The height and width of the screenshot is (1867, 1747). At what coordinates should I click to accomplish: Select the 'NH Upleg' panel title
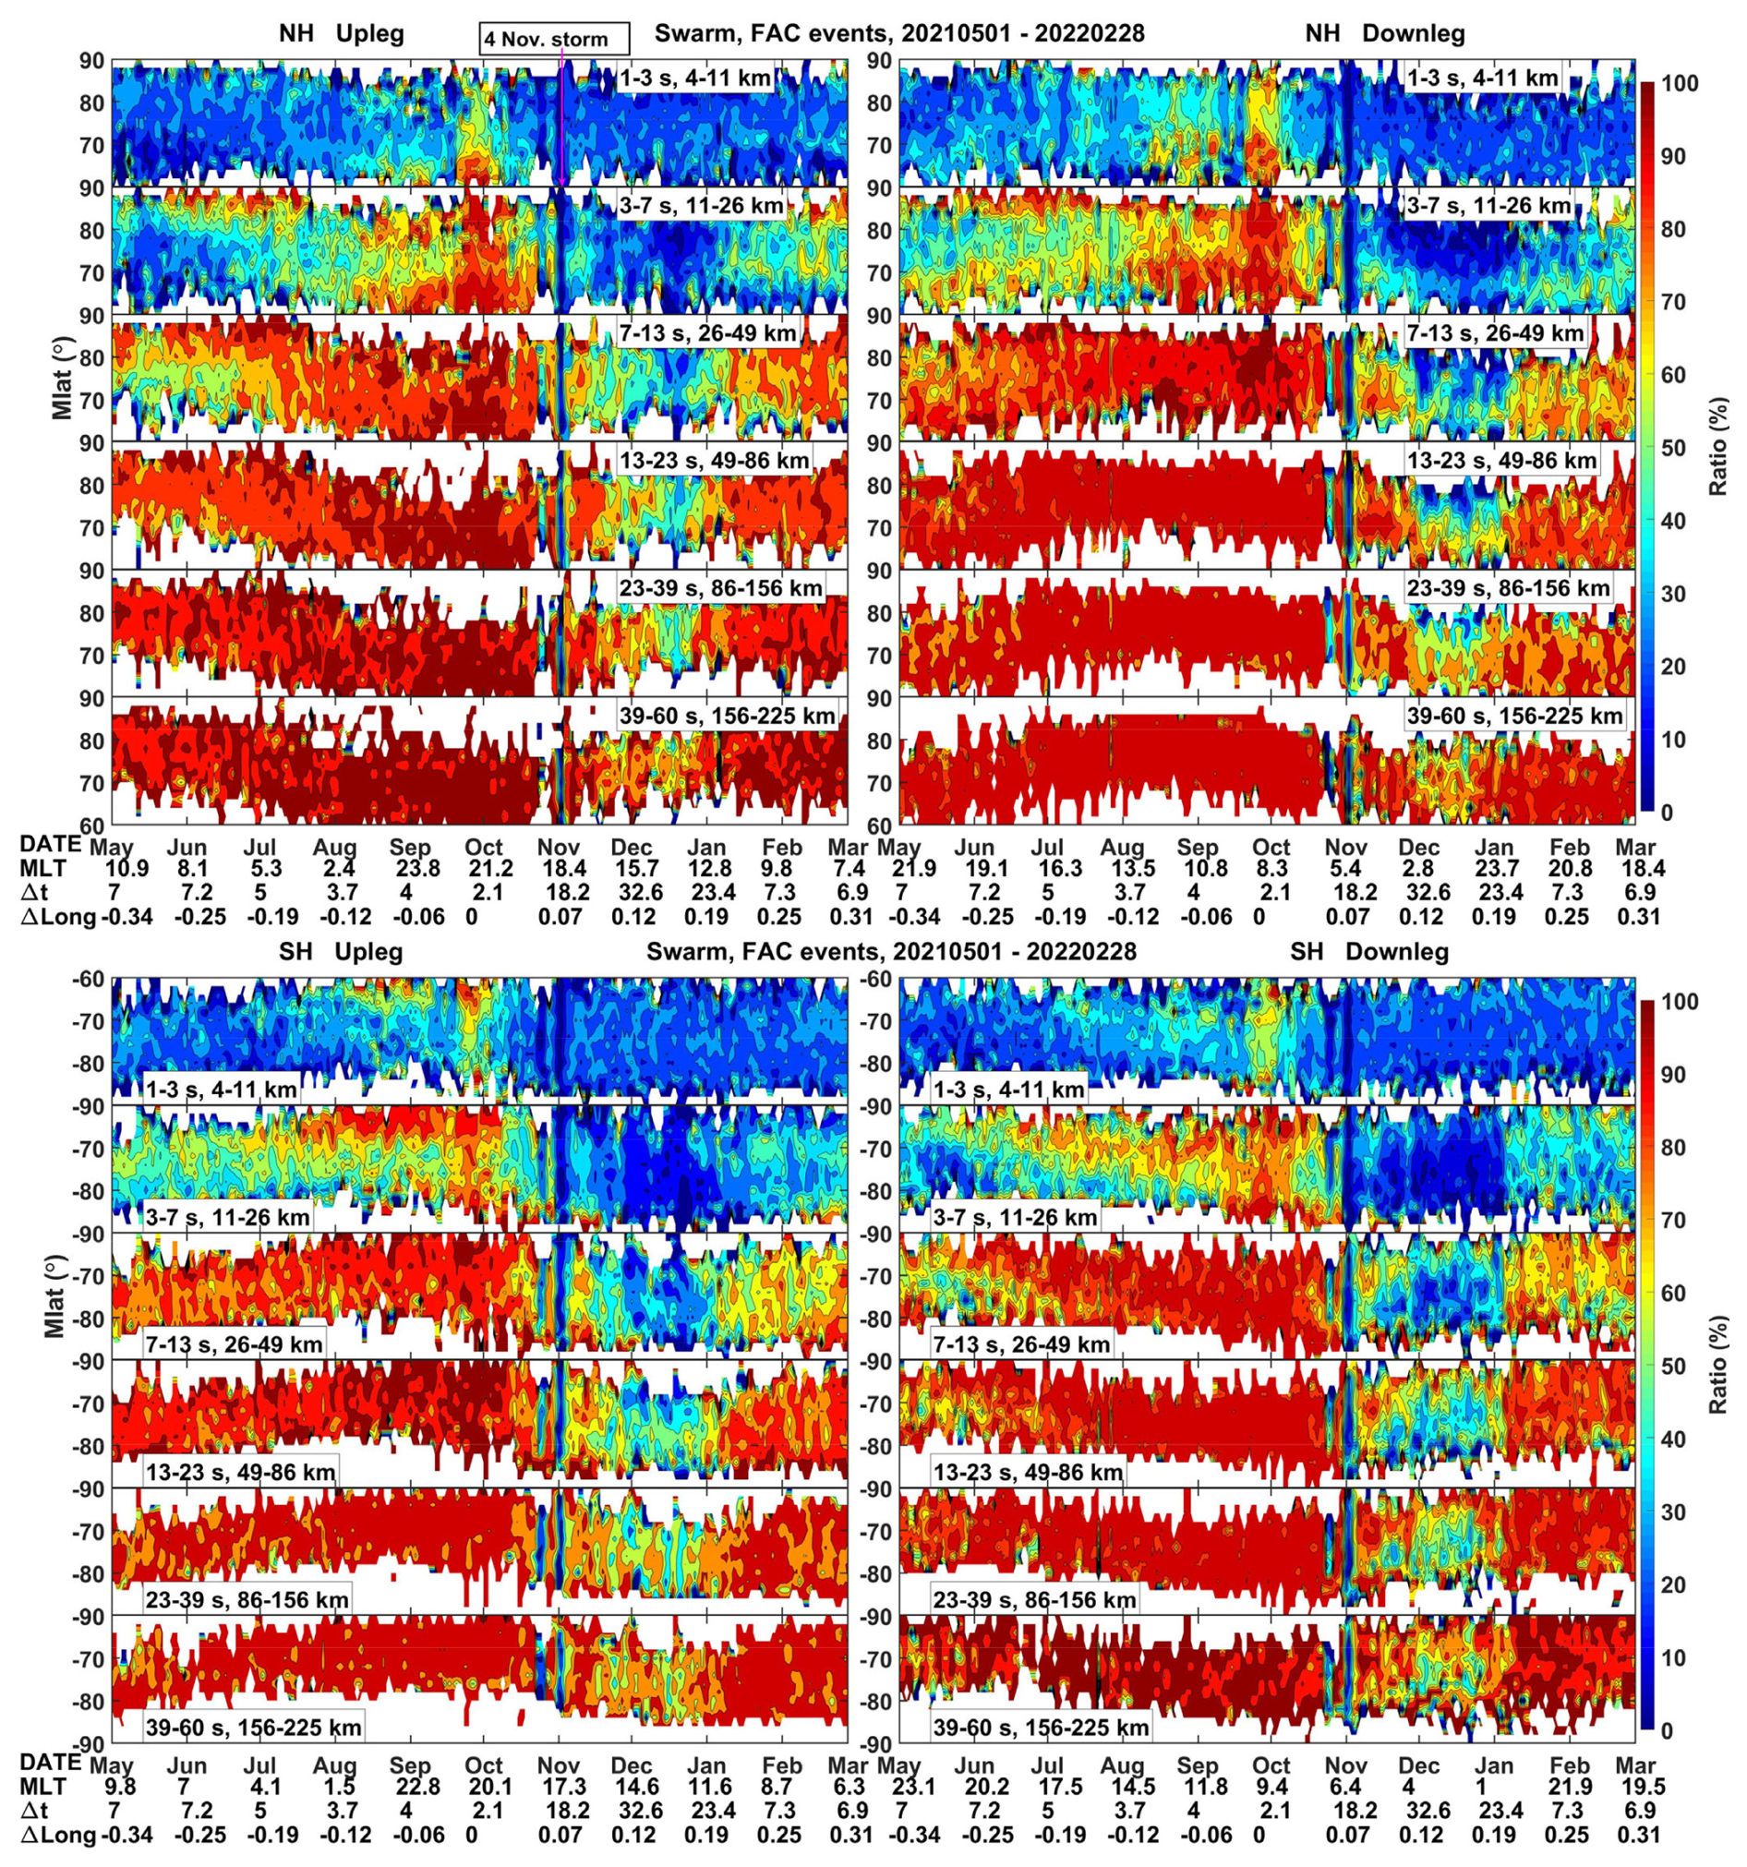pos(342,35)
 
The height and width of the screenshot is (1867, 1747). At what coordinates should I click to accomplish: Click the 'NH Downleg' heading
pos(1384,35)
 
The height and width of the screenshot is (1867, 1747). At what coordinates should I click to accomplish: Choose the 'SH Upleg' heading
pos(341,952)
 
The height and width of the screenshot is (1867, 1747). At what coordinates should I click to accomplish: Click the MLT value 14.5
pos(1125,1787)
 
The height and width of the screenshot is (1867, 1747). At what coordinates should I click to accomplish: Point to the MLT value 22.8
pos(415,1787)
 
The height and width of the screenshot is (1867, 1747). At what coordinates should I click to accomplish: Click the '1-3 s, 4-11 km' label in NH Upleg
pos(695,78)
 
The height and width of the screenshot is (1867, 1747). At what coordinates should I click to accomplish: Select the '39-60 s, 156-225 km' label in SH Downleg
pos(1041,1727)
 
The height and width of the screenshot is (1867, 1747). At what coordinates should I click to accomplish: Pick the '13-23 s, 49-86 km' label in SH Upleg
pos(240,1472)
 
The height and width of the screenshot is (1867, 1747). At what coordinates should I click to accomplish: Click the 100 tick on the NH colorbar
pos(1685,84)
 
